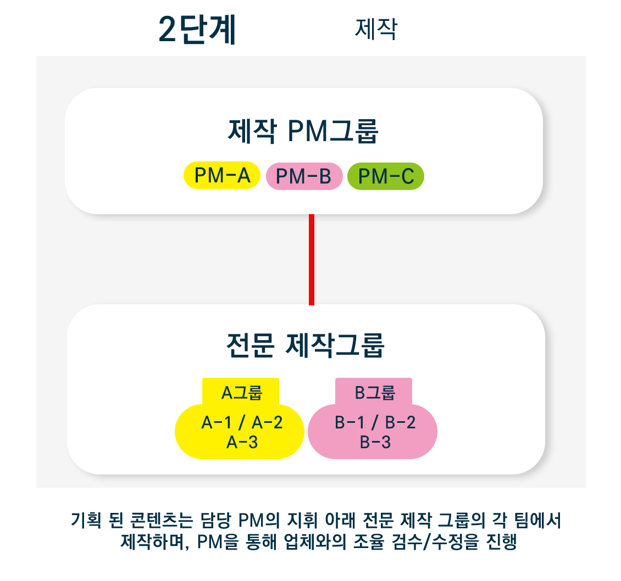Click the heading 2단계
pos(197,29)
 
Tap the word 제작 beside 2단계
pos(376,29)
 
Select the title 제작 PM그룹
pos(303,131)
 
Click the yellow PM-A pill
pos(222,175)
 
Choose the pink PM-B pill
pos(304,176)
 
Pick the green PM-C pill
pos(386,176)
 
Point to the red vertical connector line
pos(312,260)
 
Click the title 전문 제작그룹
pos(306,345)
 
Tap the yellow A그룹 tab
pos(241,392)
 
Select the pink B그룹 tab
pos(374,392)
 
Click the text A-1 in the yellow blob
pos(216,423)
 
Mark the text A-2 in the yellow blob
pos(267,423)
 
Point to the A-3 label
pos(242,442)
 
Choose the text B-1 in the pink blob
pos(350,423)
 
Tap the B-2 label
pos(401,423)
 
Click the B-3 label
pos(375,442)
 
